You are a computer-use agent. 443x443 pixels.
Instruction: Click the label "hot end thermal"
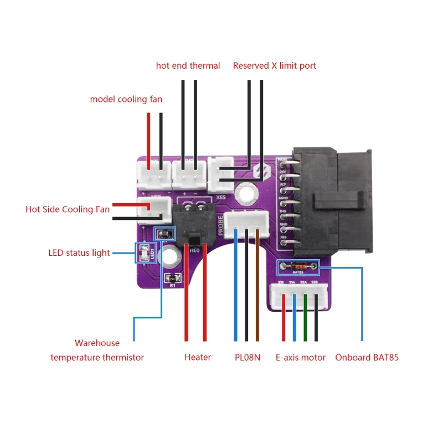188,65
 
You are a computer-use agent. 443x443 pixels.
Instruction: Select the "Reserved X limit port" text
274,65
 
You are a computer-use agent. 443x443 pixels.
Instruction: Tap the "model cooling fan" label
126,99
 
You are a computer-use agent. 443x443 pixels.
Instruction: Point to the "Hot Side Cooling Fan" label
68,209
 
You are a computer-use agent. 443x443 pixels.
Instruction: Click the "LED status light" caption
79,253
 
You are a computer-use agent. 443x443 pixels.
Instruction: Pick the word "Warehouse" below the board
97,343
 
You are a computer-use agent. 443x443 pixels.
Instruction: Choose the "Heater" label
198,357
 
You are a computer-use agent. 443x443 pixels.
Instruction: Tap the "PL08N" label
247,357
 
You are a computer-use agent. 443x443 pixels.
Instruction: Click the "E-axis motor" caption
301,357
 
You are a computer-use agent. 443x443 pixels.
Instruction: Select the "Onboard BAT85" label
367,357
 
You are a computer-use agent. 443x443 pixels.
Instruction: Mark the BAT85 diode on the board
298,267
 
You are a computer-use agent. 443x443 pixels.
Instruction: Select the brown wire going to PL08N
257,288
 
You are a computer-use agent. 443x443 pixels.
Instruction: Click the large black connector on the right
332,199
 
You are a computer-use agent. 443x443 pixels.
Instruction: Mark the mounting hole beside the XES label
244,193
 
